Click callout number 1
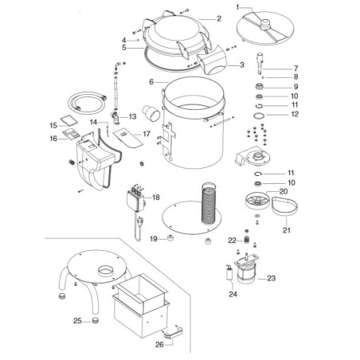tap(237, 6)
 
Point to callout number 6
tap(151, 82)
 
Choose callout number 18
tap(156, 197)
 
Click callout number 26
tap(158, 345)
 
